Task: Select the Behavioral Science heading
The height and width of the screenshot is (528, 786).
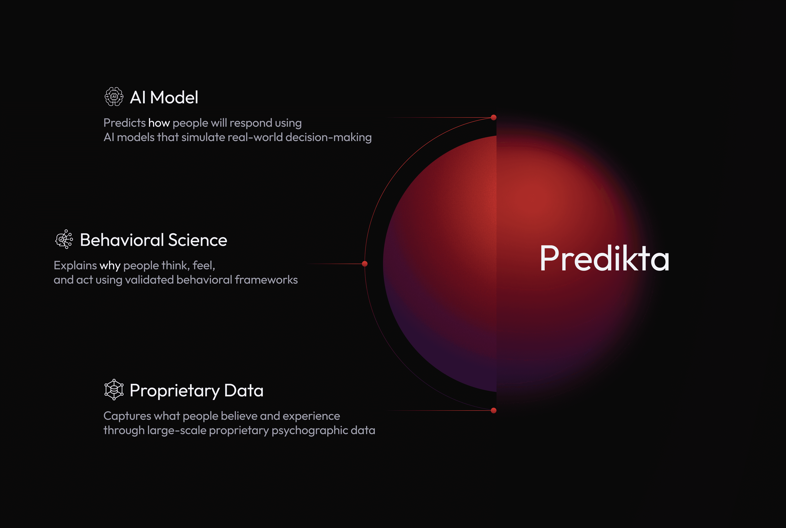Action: [x=153, y=240]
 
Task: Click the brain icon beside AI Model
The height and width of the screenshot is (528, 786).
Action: [x=114, y=97]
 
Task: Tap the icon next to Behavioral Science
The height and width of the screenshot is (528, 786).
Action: [x=64, y=239]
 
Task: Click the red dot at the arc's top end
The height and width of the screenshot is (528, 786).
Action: [x=493, y=117]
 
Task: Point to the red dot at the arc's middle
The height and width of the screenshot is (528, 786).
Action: [x=365, y=264]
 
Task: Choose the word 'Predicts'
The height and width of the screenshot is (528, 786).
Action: [x=125, y=123]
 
